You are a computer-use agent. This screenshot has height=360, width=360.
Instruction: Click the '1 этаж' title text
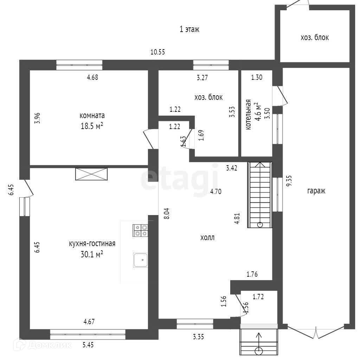pos(189,30)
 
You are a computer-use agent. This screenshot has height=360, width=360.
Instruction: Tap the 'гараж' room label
pos(316,191)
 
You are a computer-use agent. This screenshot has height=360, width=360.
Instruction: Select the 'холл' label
pos(207,238)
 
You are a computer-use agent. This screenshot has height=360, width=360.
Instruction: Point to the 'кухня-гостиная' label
pos(92,244)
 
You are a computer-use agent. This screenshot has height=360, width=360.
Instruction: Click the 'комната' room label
pos(92,115)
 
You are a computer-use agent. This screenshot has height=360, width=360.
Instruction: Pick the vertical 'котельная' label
pos(248,115)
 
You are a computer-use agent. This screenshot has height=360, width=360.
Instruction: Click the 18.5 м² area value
pos(92,126)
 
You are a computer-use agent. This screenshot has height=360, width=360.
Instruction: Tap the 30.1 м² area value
pos(92,254)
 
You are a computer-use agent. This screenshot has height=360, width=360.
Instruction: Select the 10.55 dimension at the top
pos(158,52)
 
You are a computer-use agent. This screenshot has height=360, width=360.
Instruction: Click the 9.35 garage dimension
pos(289,181)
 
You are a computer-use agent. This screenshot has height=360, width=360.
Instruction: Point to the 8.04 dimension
pos(167,214)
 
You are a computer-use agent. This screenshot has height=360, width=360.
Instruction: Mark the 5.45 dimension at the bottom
pos(89,345)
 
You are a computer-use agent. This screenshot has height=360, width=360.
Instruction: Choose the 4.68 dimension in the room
pos(92,77)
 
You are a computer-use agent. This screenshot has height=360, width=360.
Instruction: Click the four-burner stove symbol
pos(141,230)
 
